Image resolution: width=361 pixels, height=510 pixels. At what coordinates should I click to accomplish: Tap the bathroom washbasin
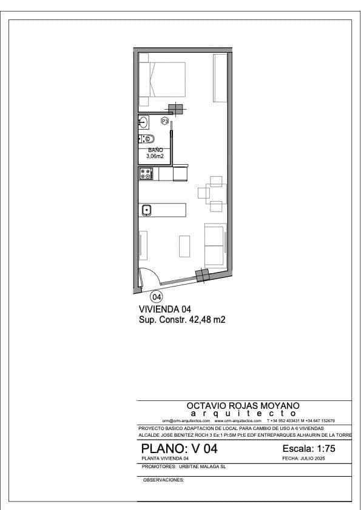[x=143, y=122]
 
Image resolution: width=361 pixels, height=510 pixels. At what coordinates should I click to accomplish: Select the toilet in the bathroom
[x=147, y=139]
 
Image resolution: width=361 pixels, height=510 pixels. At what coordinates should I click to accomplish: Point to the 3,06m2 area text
[x=155, y=156]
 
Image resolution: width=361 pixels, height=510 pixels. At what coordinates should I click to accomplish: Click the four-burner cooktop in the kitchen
[x=146, y=174]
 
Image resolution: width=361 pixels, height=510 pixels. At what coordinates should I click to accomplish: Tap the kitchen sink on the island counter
[x=146, y=210]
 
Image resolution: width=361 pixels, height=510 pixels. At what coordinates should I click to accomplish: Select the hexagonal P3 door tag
[x=164, y=121]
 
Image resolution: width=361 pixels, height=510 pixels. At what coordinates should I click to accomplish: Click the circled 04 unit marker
[x=157, y=297]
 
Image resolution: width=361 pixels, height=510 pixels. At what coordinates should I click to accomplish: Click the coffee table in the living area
[x=185, y=246]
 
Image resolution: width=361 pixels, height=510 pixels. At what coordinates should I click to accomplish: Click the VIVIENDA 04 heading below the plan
[x=165, y=309]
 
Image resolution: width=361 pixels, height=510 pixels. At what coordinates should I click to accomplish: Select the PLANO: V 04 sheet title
[x=179, y=449]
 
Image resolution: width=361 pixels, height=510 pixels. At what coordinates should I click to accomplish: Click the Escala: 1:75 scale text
[x=309, y=449]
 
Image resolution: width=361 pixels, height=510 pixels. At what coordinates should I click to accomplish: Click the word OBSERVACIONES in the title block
[x=163, y=479]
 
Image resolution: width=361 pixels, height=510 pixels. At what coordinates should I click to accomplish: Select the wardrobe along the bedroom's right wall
[x=220, y=79]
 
